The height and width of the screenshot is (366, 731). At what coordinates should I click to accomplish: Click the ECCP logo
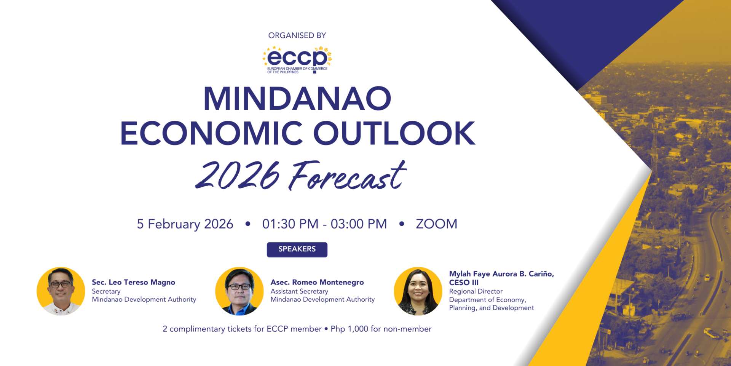tap(297, 60)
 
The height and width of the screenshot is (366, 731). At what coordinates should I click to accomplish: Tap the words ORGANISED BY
tap(297, 35)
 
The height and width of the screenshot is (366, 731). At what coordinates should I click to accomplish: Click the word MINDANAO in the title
tap(297, 99)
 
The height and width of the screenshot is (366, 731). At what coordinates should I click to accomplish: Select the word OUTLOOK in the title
tap(394, 133)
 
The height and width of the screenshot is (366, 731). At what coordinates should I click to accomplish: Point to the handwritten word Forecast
tap(347, 176)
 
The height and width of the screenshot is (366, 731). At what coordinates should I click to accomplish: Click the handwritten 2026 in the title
tap(238, 175)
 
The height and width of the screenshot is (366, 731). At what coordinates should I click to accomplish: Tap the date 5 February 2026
tap(185, 224)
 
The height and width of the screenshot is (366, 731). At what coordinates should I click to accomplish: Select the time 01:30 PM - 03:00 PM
tap(324, 224)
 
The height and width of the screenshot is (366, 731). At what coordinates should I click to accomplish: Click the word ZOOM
tap(436, 224)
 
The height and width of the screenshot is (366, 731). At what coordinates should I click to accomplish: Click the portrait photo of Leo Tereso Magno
tap(61, 291)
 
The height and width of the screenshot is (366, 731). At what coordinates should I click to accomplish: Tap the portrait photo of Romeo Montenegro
tap(239, 291)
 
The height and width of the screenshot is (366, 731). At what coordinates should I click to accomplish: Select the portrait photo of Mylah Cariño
tap(418, 291)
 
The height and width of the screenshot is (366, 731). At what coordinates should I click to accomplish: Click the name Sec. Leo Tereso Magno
tap(133, 282)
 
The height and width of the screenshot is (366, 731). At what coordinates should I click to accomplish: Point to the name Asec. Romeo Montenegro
tap(317, 282)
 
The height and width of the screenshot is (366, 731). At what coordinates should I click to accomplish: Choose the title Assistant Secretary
tap(299, 291)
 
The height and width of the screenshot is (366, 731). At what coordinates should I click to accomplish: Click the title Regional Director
tap(476, 291)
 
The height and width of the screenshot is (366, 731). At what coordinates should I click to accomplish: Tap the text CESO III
tap(464, 283)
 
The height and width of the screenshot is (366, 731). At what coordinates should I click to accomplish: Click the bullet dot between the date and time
tap(248, 224)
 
